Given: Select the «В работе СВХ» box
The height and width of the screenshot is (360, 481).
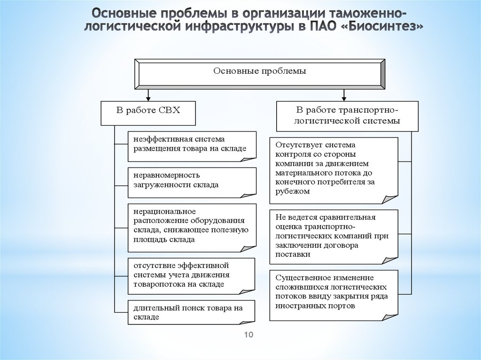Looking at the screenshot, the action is pos(148,112).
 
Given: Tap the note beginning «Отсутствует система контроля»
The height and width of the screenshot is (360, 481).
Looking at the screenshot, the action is pos(334,169).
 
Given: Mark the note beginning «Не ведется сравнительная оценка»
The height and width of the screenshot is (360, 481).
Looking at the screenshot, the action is pos(334,236).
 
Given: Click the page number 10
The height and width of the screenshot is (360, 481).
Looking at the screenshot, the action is pos(248,335).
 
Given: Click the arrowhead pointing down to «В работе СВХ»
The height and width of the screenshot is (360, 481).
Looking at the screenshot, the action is pos(148,97).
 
